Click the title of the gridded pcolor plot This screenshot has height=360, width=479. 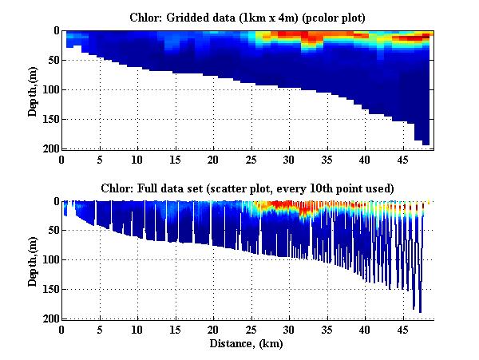249,17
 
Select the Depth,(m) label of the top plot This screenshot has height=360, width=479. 33,89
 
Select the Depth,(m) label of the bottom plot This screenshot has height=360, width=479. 33,260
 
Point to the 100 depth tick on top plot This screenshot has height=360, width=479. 49,89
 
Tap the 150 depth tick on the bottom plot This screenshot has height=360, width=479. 49,290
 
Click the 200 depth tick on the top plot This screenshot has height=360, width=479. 49,148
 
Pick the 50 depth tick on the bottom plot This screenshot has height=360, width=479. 53,231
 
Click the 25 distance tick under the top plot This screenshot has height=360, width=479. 251,160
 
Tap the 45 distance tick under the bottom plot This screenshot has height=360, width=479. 403,330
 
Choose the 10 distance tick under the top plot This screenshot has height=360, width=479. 138,160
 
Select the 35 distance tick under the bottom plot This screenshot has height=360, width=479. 327,330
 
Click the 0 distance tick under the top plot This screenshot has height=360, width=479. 62,160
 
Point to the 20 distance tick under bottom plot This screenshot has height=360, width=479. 214,330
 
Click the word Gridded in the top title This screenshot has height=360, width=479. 194,17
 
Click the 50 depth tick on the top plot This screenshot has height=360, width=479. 53,60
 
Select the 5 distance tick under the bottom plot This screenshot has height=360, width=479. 100,330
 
